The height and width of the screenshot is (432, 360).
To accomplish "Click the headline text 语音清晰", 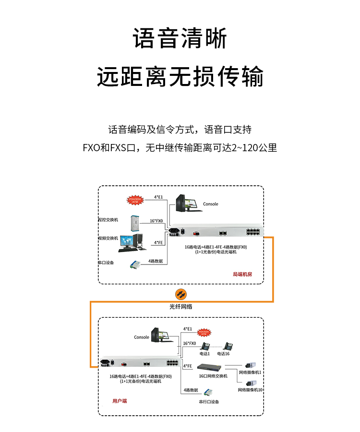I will coord(180,39).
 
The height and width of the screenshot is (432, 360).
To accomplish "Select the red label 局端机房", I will coord(242,275).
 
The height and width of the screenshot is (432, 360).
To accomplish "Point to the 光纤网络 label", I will coord(180,306).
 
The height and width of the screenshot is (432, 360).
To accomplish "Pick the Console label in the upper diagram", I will coord(210,204).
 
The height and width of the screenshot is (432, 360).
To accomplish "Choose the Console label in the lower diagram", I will coord(142,337).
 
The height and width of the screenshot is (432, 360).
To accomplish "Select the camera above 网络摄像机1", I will coord(251,365).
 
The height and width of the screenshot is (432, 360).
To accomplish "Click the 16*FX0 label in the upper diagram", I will coord(156,221).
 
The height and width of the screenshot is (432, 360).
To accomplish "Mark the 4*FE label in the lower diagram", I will coord(188,366).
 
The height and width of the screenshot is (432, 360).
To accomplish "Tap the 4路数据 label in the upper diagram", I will coord(156,261).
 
